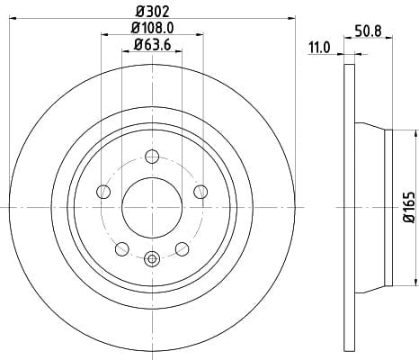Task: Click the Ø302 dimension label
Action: (x=153, y=12)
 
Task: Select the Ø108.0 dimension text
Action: (x=153, y=28)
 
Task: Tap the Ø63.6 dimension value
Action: (x=153, y=45)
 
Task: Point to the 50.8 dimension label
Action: (x=368, y=31)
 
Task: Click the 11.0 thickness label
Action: (x=319, y=48)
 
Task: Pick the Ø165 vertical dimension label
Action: (x=409, y=207)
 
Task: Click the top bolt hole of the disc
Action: (x=152, y=157)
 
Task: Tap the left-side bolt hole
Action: (x=103, y=192)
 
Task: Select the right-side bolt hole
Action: (x=201, y=192)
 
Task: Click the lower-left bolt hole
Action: (x=122, y=248)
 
